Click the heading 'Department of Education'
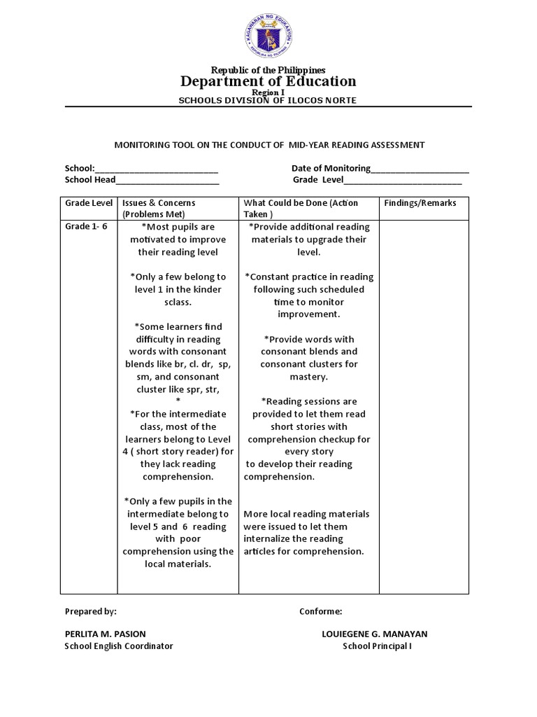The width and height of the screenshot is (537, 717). click(x=269, y=81)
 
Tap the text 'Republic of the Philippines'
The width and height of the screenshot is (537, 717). click(x=269, y=70)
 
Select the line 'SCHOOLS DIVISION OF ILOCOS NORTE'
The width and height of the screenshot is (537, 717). click(x=268, y=101)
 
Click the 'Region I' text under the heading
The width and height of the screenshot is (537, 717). click(x=268, y=92)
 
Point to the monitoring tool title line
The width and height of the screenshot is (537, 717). click(x=269, y=145)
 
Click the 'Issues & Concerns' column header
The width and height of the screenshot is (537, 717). click(x=159, y=203)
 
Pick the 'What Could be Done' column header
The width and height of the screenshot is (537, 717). click(x=301, y=203)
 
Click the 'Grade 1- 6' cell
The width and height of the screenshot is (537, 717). click(x=86, y=227)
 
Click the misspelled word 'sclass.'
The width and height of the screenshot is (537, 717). click(x=178, y=302)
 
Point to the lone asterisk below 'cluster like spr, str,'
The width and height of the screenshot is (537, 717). click(x=178, y=401)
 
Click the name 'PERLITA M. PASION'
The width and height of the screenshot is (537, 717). click(x=106, y=634)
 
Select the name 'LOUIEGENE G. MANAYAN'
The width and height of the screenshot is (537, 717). click(x=374, y=634)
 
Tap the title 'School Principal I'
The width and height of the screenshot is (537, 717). click(x=377, y=646)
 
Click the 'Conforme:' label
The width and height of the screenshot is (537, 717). click(x=320, y=611)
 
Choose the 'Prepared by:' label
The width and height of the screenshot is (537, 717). click(x=91, y=611)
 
